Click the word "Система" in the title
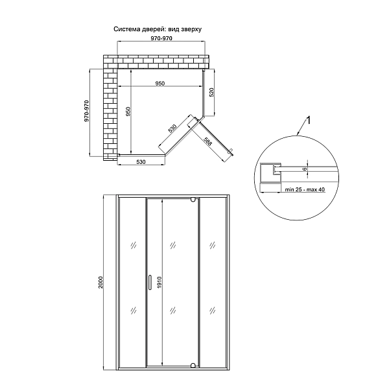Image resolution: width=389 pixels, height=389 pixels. [x=127, y=30]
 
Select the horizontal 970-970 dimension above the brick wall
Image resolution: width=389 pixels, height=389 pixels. [x=161, y=39]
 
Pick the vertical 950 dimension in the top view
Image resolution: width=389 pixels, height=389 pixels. [x=128, y=112]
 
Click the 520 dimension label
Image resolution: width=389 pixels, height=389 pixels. [x=211, y=93]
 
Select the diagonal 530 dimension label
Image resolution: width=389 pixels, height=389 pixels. [x=172, y=128]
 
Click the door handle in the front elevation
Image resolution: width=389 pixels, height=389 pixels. [x=150, y=282]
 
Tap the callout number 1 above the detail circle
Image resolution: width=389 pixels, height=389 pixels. [x=309, y=121]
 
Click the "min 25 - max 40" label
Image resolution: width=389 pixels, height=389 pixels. [x=304, y=190]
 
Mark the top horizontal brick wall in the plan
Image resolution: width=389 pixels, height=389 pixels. [x=159, y=61]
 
